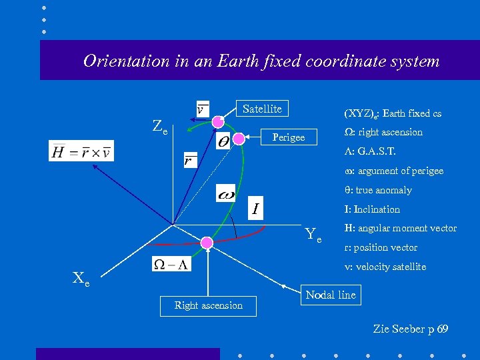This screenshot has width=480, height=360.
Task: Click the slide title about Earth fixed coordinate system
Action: pyautogui.click(x=261, y=61)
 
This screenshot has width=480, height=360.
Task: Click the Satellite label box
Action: pyautogui.click(x=262, y=109)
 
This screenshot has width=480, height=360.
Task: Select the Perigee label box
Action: pyautogui.click(x=288, y=137)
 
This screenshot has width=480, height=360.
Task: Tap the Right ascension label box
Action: pyautogui.click(x=208, y=305)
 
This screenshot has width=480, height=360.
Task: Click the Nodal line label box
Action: pyautogui.click(x=331, y=295)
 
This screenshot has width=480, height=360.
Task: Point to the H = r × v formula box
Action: pyautogui.click(x=81, y=151)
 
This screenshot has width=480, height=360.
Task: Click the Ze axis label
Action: pyautogui.click(x=159, y=125)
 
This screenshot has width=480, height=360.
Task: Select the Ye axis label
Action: pyautogui.click(x=313, y=235)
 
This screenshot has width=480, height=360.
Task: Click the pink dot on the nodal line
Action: pyautogui.click(x=207, y=243)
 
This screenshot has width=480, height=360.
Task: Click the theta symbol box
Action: pyautogui.click(x=224, y=141)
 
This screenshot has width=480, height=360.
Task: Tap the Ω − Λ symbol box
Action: pyautogui.click(x=171, y=264)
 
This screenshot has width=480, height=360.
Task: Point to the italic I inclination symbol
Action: pyautogui.click(x=255, y=210)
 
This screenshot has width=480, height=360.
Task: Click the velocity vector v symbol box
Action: pyautogui.click(x=202, y=108)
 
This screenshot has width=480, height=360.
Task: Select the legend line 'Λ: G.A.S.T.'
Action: pyautogui.click(x=375, y=151)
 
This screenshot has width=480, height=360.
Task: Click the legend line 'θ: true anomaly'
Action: pyautogui.click(x=377, y=190)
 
